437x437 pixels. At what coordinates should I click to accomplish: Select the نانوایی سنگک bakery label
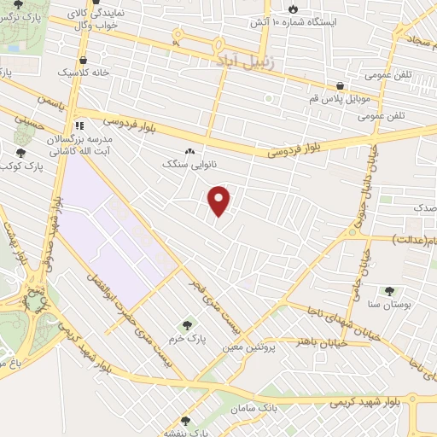(x=189, y=162)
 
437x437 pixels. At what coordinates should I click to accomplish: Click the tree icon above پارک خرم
(x=187, y=324)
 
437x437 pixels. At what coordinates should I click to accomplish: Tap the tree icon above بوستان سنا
(x=391, y=291)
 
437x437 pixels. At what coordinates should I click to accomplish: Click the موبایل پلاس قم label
(x=340, y=100)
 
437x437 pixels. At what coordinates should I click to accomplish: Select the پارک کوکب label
(x=35, y=165)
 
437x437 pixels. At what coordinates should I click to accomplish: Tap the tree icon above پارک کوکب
(x=20, y=153)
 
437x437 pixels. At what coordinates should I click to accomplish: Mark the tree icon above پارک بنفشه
(x=186, y=421)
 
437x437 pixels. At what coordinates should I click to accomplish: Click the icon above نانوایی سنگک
(x=189, y=150)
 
